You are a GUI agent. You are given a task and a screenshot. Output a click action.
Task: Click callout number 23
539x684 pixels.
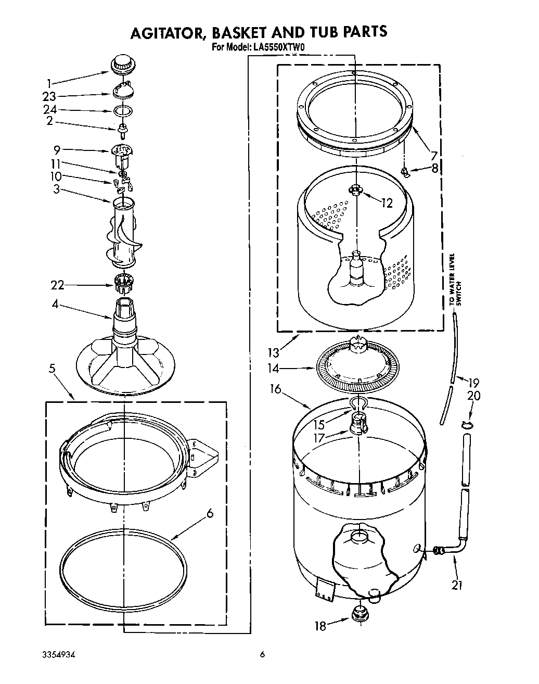50,96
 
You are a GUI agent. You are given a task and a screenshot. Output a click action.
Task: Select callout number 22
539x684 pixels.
57,285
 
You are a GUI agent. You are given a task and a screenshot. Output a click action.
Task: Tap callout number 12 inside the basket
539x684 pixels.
386,202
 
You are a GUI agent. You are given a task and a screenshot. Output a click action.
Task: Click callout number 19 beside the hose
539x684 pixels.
473,382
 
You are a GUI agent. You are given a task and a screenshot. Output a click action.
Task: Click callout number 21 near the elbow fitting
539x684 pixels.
457,585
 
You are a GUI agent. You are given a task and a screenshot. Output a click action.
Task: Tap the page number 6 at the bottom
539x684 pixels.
263,655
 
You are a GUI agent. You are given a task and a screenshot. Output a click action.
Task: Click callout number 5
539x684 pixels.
52,369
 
